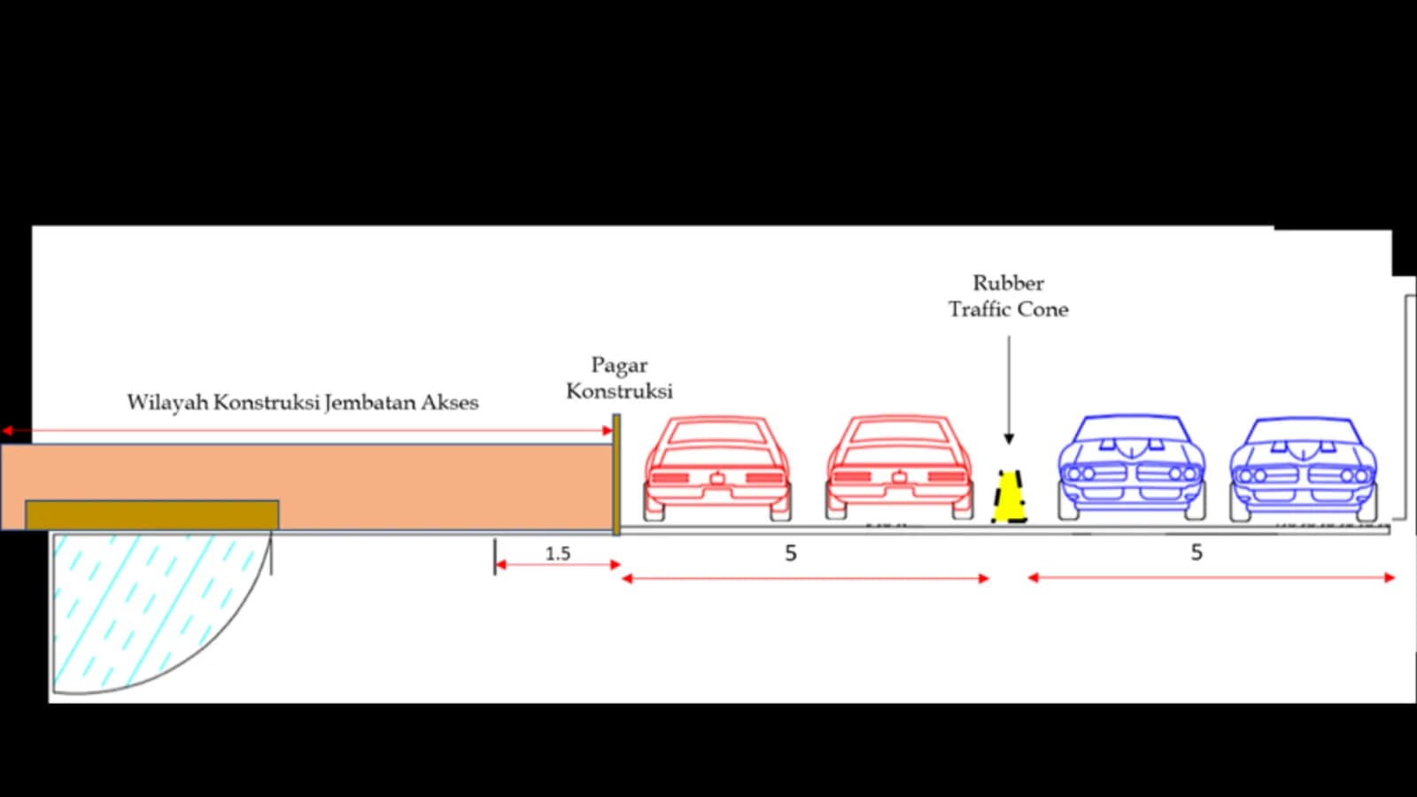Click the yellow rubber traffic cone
coord(1010,497)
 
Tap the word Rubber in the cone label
coord(1009,282)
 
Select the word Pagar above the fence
coord(619,367)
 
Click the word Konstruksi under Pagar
coord(619,391)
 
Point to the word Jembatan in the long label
coord(371,403)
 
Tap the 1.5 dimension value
coord(558,554)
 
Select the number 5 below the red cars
coord(791,553)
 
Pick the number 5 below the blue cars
coord(1196,553)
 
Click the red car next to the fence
coord(717,468)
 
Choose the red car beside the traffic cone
coord(899,468)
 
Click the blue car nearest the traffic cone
coord(1132,468)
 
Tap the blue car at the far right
coord(1303,469)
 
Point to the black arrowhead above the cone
coord(1009,439)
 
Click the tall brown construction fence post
coord(616,475)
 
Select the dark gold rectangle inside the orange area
coord(151,515)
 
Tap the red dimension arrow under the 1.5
coord(558,565)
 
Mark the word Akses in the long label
coord(452,403)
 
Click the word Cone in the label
coord(1043,309)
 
